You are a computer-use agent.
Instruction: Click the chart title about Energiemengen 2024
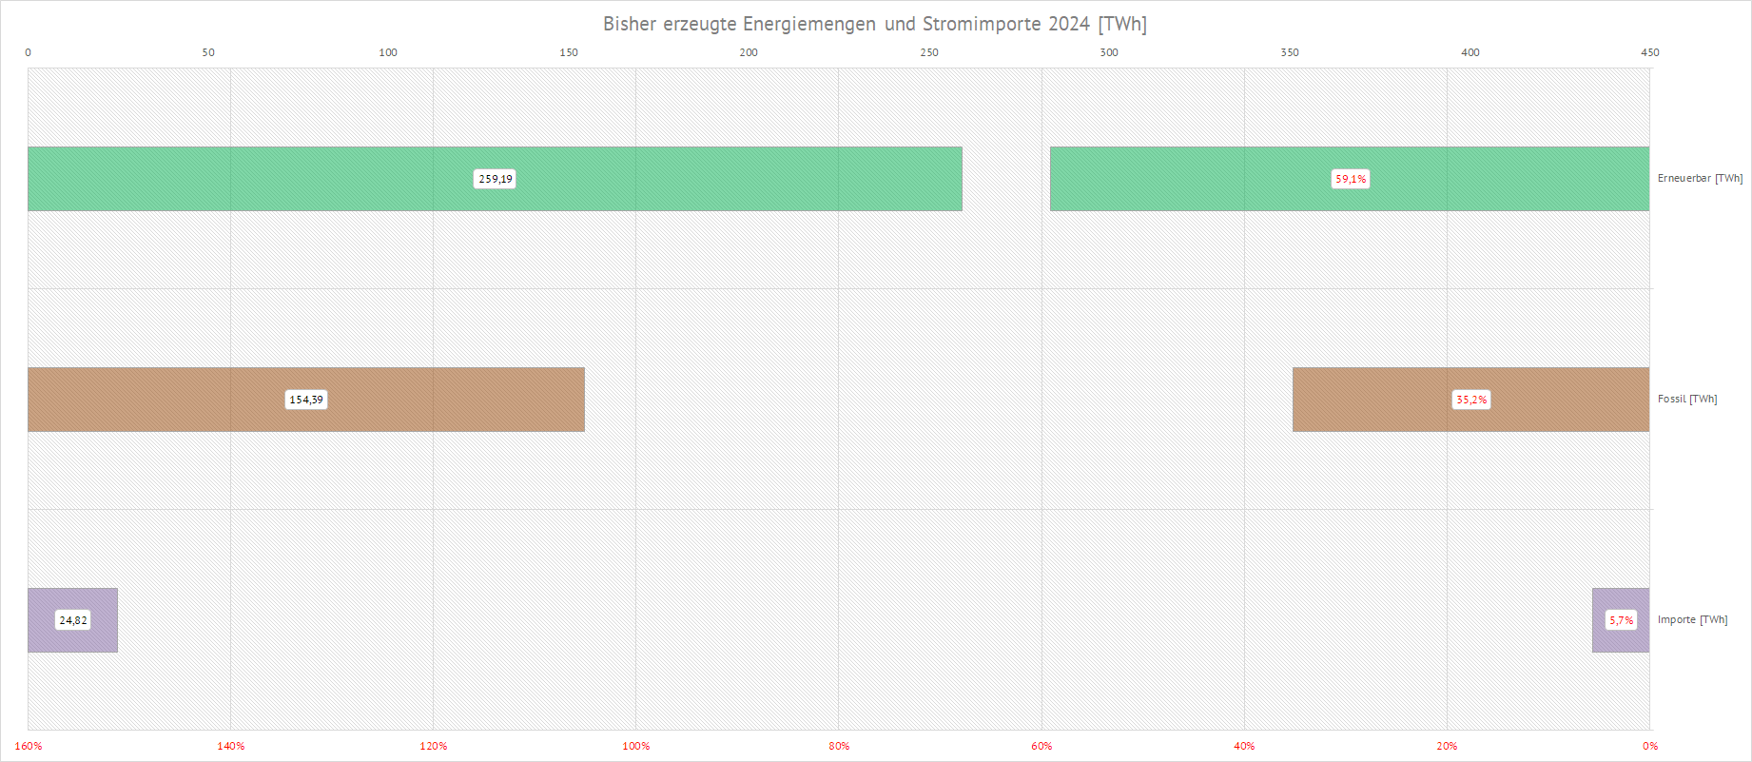pyautogui.click(x=874, y=24)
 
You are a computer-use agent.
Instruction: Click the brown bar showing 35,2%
pyautogui.click(x=1379, y=400)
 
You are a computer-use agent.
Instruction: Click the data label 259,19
pyautogui.click(x=496, y=179)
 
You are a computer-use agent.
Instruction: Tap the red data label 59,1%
pyautogui.click(x=1351, y=179)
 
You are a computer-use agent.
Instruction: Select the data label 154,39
pyautogui.click(x=306, y=400)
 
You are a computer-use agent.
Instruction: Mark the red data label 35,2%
pyautogui.click(x=1471, y=400)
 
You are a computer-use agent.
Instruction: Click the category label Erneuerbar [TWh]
pyautogui.click(x=1700, y=178)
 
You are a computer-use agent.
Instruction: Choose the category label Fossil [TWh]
pyautogui.click(x=1687, y=399)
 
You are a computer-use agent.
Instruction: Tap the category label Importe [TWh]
pyautogui.click(x=1692, y=619)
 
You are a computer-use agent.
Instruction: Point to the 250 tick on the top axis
pyautogui.click(x=929, y=52)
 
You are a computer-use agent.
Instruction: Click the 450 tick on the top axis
pyautogui.click(x=1650, y=52)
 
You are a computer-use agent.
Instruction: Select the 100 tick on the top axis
pyautogui.click(x=388, y=52)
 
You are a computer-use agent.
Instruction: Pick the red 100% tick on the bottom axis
pyautogui.click(x=636, y=746)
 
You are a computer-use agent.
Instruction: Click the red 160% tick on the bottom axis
pyautogui.click(x=29, y=746)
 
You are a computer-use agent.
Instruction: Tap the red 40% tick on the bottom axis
pyautogui.click(x=1244, y=746)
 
